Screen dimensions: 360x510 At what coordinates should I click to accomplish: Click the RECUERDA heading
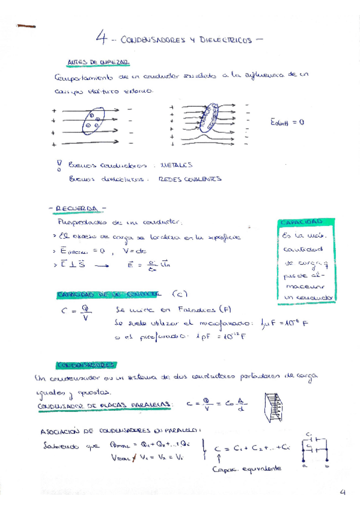coord(79,208)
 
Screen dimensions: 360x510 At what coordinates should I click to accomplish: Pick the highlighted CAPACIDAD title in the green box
coord(304,223)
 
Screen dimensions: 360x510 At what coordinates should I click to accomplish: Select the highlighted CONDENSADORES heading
coord(87,364)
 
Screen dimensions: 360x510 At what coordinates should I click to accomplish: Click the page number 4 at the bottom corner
coord(343,493)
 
